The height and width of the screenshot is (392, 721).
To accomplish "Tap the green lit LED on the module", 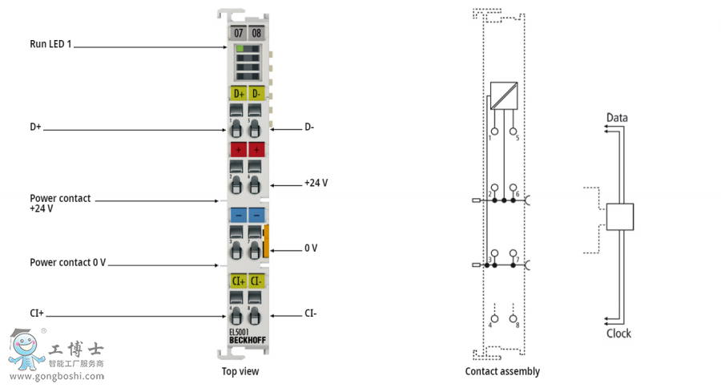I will coord(239,49).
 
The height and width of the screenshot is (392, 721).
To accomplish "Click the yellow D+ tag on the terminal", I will coord(238,94).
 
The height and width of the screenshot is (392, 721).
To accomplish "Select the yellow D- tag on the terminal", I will coord(256,94).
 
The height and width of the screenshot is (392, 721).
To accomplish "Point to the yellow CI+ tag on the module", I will coord(238,281).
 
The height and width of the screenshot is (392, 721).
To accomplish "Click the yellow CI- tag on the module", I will coord(256,281).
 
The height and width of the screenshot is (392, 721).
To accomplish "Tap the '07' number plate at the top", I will coord(238,33).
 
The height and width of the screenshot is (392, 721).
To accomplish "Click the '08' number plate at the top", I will coord(256,33).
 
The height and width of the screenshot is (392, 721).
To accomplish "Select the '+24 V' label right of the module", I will coord(316,183).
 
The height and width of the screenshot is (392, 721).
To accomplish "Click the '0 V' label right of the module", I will coord(311,248).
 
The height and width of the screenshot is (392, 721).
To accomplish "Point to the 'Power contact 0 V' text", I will coord(68,262).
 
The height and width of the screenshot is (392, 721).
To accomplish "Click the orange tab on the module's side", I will coord(267,241).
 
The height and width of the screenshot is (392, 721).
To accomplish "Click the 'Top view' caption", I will coord(240,371).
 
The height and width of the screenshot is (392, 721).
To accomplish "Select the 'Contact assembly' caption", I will coord(502,371).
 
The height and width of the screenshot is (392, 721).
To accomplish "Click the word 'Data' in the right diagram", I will coord(617,118).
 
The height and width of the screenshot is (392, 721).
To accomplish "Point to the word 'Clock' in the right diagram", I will coord(618,333).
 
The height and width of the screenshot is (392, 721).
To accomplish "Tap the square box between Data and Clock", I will coord(620,217).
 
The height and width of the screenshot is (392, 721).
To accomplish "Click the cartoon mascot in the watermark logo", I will coord(25,349).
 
